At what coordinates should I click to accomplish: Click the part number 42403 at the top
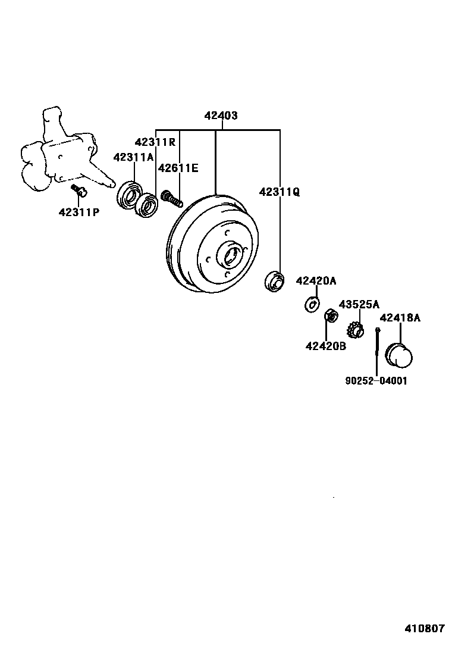tap(221, 115)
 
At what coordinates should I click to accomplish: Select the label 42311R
tap(155, 142)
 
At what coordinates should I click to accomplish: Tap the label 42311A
tap(134, 157)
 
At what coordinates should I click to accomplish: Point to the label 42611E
tap(178, 168)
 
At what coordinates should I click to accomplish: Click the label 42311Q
tap(280, 192)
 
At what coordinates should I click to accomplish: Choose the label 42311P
tap(79, 211)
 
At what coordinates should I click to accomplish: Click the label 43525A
tap(359, 304)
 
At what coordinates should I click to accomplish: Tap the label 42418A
tap(400, 318)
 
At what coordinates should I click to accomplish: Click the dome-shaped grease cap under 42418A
tap(399, 355)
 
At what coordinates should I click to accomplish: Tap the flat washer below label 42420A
tap(310, 304)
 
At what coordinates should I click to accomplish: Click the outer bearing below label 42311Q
tap(274, 281)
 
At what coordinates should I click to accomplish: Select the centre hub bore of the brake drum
tap(230, 255)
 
